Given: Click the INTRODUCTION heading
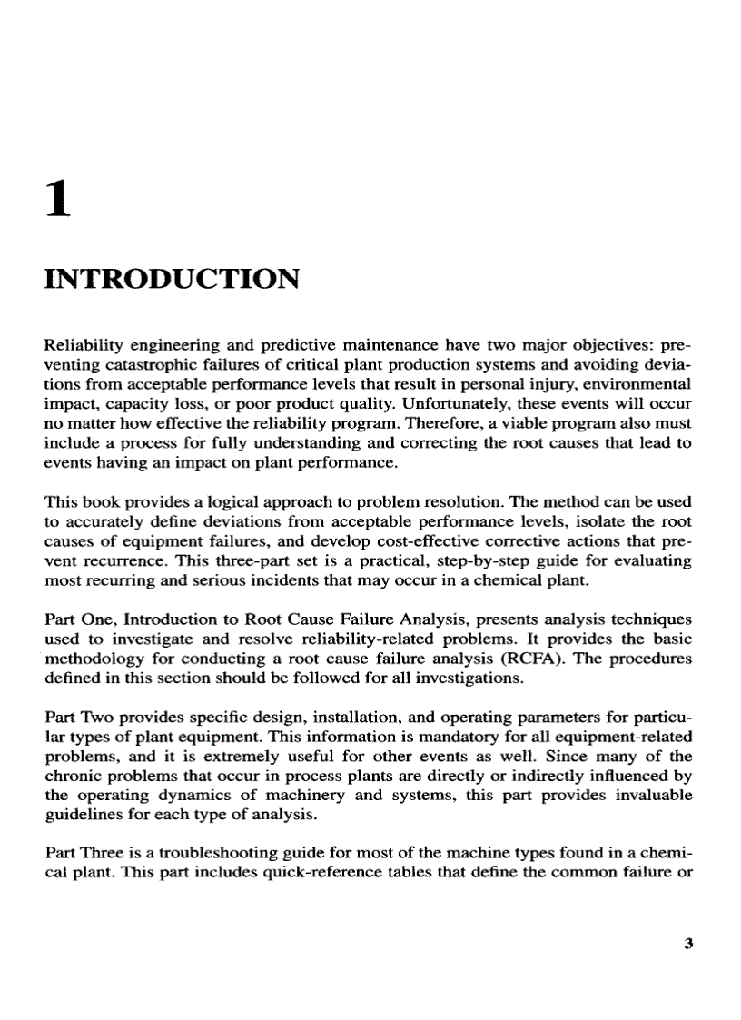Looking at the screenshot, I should pyautogui.click(x=172, y=277).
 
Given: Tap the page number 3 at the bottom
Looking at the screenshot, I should pyautogui.click(x=687, y=943).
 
